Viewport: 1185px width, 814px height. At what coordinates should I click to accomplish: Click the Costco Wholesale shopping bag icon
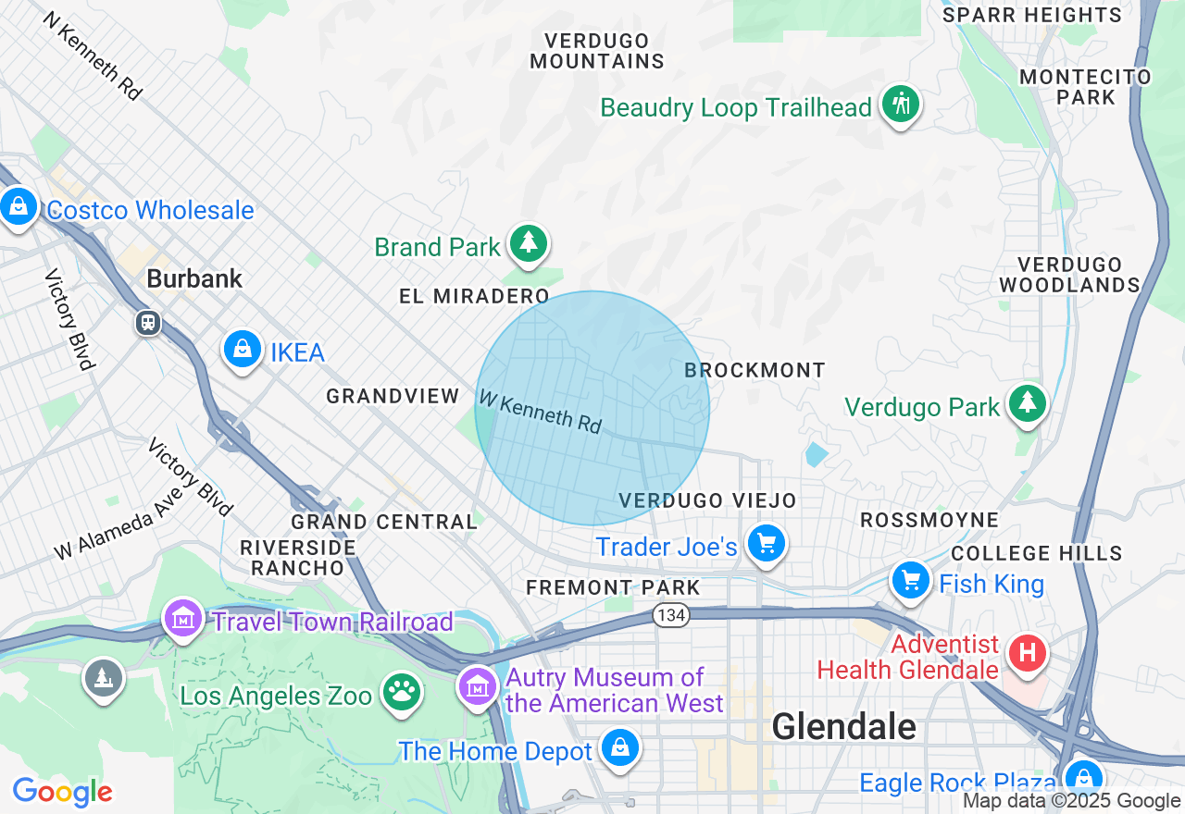19,207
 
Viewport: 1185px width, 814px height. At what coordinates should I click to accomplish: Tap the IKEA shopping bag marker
242,350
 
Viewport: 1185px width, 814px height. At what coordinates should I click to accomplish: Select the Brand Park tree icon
529,244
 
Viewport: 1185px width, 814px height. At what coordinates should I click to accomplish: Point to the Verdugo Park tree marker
1027,404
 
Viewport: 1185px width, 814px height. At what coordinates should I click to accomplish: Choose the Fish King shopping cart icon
911,582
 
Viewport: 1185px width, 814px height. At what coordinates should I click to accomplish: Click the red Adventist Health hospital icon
1026,654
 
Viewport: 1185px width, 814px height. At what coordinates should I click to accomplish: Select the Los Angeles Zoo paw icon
401,693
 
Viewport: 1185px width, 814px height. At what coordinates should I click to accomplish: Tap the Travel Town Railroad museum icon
183,619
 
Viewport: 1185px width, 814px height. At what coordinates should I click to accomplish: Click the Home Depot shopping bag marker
619,748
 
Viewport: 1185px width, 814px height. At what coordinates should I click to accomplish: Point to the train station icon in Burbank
147,323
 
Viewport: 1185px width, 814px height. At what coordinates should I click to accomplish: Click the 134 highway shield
671,614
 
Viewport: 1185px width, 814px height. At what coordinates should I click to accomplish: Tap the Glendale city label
843,726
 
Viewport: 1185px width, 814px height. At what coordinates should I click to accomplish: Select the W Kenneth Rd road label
540,411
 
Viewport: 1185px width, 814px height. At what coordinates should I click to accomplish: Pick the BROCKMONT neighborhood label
755,370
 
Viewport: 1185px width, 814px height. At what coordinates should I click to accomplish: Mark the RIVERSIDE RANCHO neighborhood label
298,558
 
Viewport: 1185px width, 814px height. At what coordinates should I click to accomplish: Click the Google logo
62,792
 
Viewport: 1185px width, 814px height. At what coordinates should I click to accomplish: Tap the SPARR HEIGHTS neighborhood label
1031,15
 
